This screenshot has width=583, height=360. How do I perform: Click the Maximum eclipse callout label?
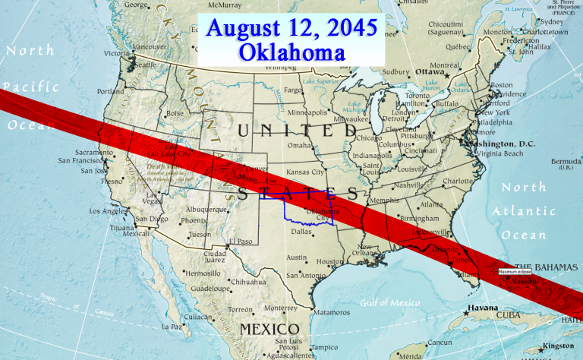(515, 271)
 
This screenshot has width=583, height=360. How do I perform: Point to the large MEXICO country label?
(269, 328)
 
